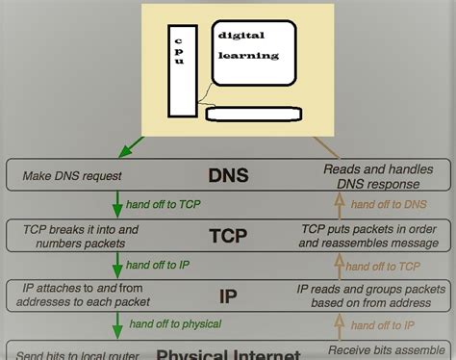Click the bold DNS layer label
228,175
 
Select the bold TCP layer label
228,236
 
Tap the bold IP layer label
228,296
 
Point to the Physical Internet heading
228,352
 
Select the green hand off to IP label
157,265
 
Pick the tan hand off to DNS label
389,205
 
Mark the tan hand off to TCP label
388,265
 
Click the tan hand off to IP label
385,324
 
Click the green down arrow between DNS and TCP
117,205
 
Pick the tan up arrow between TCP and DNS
338,205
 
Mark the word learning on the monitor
248,56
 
